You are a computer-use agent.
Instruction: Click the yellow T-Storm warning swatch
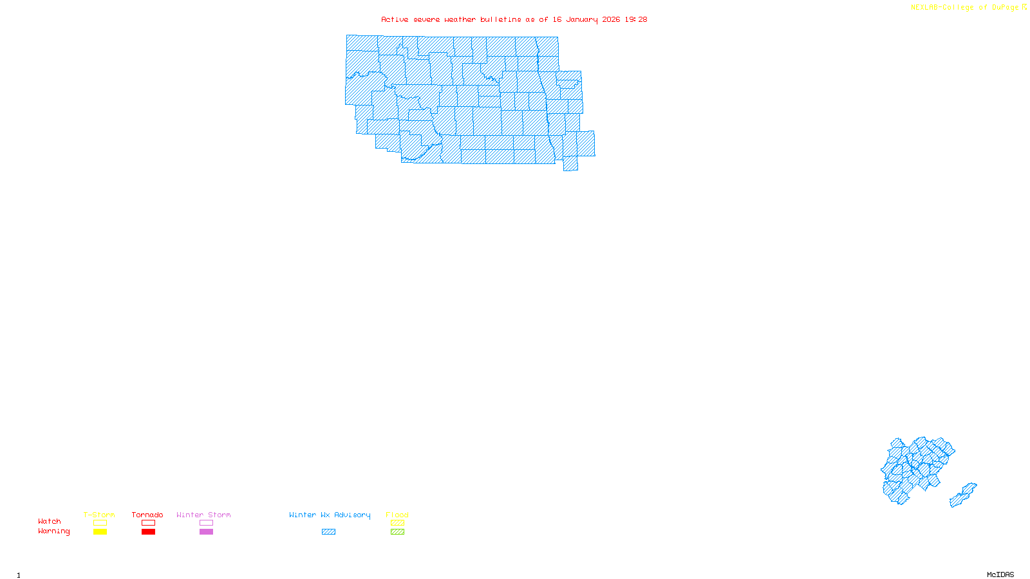(x=100, y=532)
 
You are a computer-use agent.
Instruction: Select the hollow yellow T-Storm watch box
(x=100, y=523)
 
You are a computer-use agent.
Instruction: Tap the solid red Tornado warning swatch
(x=148, y=532)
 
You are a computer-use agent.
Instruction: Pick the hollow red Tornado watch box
(x=148, y=523)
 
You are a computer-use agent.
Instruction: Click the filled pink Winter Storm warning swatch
(x=206, y=532)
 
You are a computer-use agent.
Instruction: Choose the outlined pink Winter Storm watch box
(x=206, y=523)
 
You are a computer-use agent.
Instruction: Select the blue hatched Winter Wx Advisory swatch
(x=328, y=532)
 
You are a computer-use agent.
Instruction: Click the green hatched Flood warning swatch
(x=397, y=532)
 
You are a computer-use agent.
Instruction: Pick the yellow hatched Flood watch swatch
(x=397, y=523)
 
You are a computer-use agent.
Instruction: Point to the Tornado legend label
(x=147, y=515)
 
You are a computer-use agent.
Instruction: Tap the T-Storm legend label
(x=99, y=515)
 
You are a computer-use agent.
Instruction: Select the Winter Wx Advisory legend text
(x=330, y=515)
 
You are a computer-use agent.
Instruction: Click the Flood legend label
(x=397, y=515)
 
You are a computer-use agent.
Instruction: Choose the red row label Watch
(x=50, y=521)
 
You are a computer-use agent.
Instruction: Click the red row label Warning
(x=54, y=531)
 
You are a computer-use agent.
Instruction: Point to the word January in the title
(x=582, y=19)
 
